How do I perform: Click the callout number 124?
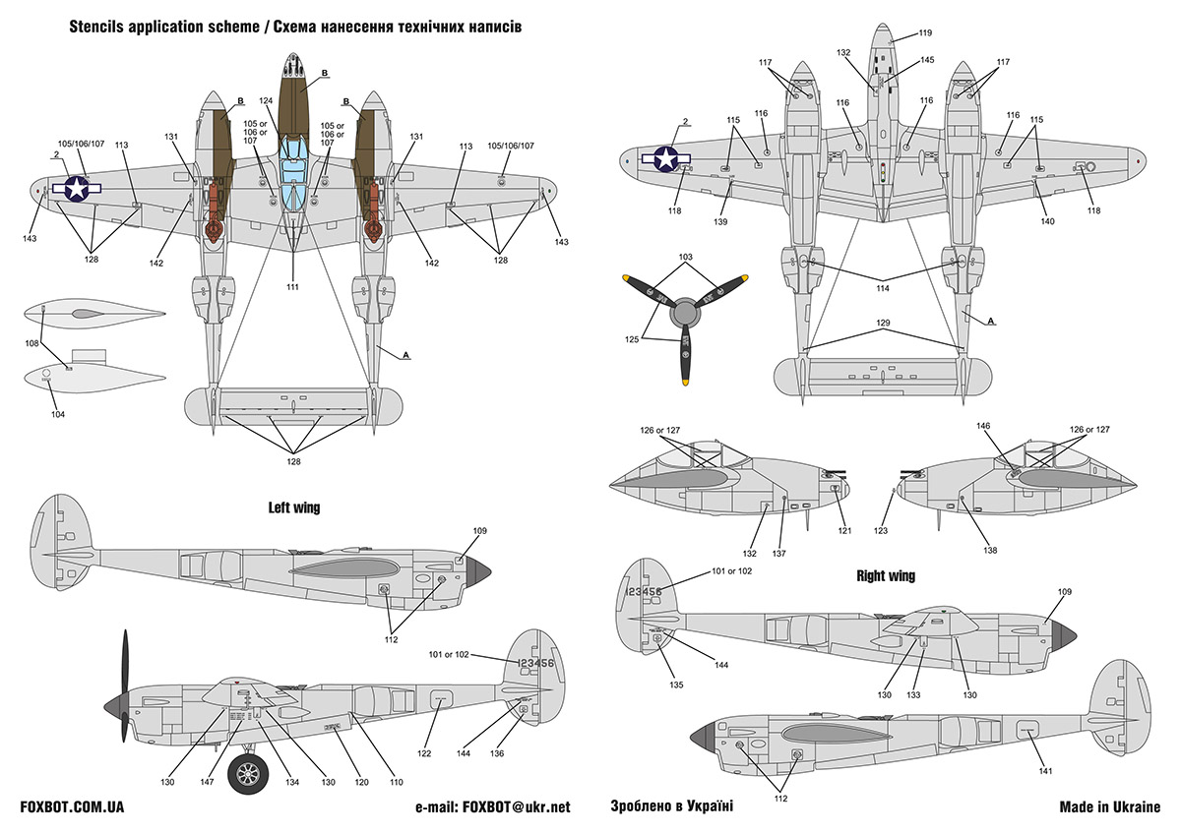coord(266,100)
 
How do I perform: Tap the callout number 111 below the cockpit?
coord(293,286)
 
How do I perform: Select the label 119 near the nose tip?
coord(925,33)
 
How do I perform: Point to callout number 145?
coord(927,60)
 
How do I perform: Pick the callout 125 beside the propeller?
coord(633,339)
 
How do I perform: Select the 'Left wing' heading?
coord(293,508)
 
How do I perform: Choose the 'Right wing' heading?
coord(886,575)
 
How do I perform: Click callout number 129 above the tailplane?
coord(883,324)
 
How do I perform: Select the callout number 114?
coord(883,288)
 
